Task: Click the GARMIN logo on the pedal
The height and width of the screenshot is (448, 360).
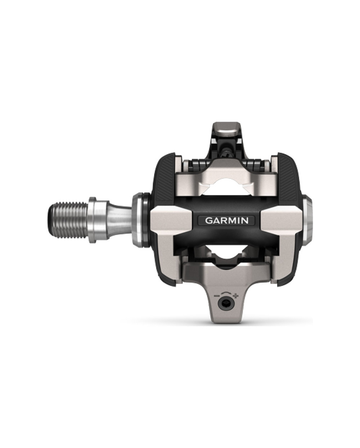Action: tap(226, 220)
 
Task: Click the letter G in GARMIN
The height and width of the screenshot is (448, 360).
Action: tap(208, 220)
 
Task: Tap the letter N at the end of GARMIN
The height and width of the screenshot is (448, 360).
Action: tap(245, 220)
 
